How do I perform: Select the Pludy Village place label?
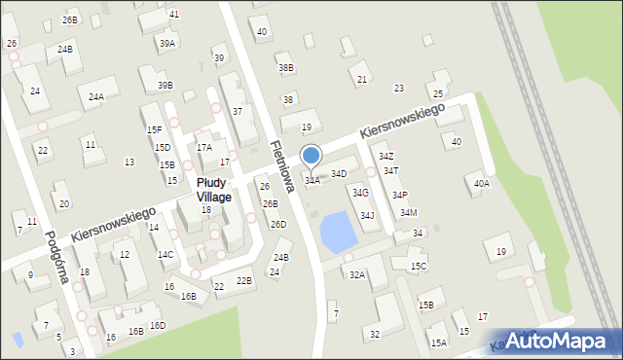pos(213,190)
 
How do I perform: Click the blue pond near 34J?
pos(338,232)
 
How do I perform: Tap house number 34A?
pos(312,180)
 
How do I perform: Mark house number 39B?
pos(165,85)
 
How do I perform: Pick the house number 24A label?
pos(96,96)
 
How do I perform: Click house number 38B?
pos(285,68)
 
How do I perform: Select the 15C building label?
pos(419,266)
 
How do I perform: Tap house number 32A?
pos(357,275)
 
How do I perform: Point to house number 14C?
pos(165,255)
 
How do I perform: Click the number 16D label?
pos(158,326)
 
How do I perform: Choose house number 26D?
pos(278,225)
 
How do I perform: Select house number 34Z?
pos(386,156)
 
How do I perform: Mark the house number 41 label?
pos(173,14)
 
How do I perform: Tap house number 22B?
pos(244,281)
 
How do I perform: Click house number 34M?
pos(408,213)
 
